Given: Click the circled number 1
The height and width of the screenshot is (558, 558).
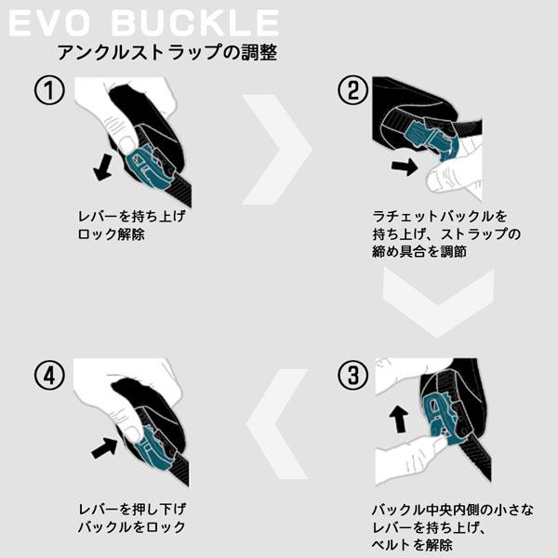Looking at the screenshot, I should (x=49, y=92).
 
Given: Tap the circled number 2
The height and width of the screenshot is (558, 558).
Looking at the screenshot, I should (x=351, y=92).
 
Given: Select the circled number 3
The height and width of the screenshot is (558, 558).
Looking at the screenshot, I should (x=351, y=376).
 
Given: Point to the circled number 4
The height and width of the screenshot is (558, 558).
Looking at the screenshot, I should (x=49, y=376).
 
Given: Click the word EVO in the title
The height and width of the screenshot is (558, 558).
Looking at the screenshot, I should (x=52, y=22).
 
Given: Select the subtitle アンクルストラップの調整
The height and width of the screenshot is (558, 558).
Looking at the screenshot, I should (x=166, y=52).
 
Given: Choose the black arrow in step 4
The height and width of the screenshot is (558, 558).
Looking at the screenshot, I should (x=105, y=447).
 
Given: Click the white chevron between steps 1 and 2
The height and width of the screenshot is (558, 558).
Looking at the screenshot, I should (x=275, y=148).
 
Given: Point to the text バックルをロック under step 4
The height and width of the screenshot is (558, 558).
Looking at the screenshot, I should (x=131, y=527).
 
